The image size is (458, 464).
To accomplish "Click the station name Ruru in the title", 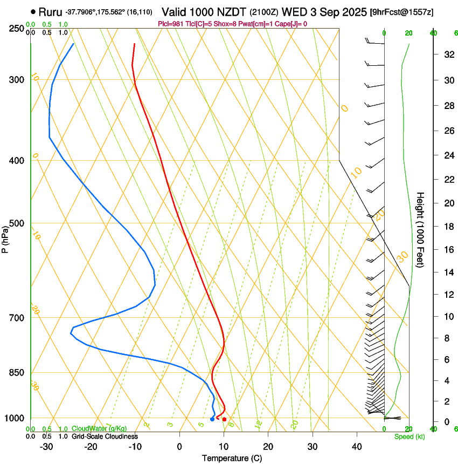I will coord(51,11).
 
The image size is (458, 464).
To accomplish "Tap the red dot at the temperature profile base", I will coord(224,419).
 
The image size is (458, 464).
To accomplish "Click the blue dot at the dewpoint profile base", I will coord(212,419).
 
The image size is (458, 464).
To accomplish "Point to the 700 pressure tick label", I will coord(16,318).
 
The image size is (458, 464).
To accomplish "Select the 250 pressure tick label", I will coord(16,29).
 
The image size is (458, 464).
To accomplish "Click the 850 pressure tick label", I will coord(16,373).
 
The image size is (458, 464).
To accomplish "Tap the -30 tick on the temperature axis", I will coord(46,447).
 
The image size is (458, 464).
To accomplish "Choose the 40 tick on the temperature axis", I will coord(357,447).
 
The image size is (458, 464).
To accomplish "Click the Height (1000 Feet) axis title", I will coord(421,230).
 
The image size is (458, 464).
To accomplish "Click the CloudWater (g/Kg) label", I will coord(99,428).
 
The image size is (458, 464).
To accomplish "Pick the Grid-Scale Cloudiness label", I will coord(105,436).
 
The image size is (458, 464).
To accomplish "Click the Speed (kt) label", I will coord(409,436).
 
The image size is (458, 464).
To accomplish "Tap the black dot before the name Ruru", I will coord(33,11).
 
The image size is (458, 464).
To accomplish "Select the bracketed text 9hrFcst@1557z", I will coord(401,12).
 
